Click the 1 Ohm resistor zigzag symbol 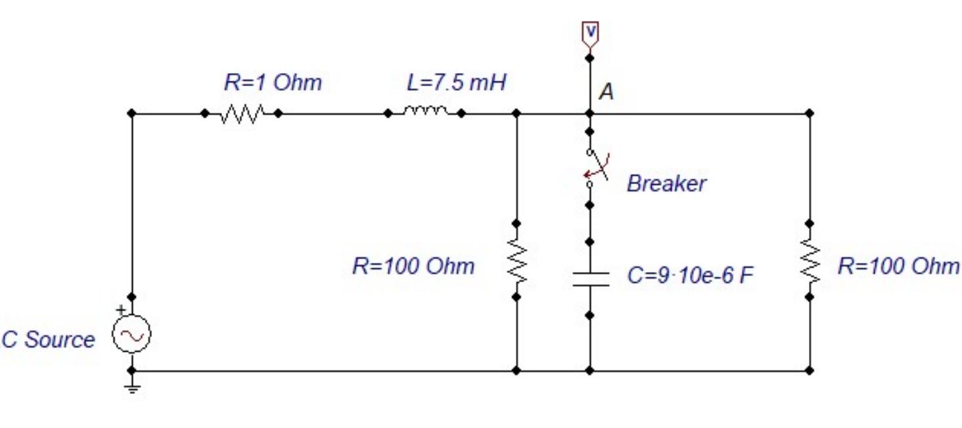point(242,114)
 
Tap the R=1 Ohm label point(273,83)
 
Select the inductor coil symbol point(425,112)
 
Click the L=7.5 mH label point(457,83)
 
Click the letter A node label point(606,93)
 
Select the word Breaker point(666,183)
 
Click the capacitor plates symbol point(590,278)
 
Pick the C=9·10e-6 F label point(690,275)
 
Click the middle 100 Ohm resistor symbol point(516,260)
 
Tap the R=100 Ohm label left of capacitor point(413,266)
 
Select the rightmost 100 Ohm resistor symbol point(810,261)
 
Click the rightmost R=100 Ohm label point(898,266)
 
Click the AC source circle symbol point(131,335)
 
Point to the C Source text point(48,340)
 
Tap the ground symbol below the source point(131,388)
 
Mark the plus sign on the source point(121,310)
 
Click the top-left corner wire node point(131,114)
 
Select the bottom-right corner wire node point(810,371)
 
